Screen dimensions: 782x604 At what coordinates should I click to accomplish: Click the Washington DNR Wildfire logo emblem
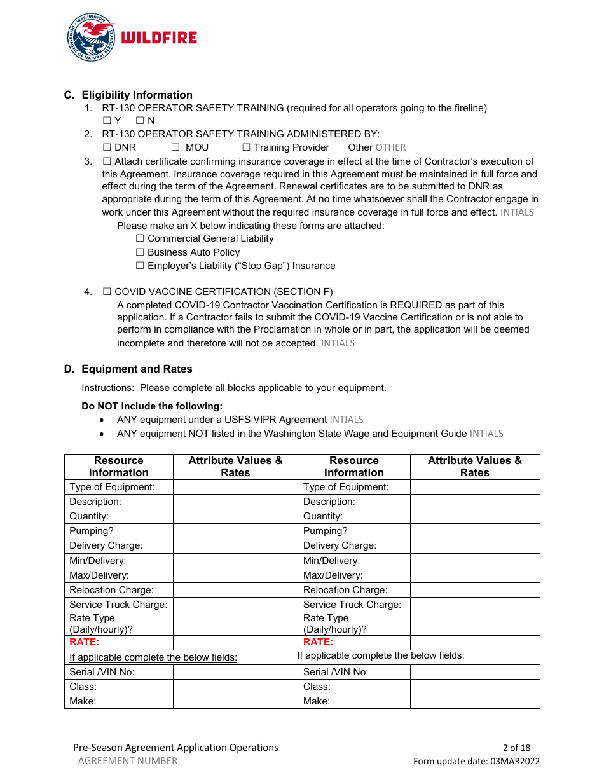(x=91, y=38)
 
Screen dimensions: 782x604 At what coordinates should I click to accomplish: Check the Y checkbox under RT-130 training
(x=107, y=121)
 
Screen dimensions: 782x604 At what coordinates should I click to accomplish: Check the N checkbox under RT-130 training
(x=140, y=121)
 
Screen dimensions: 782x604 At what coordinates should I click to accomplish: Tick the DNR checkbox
(x=107, y=147)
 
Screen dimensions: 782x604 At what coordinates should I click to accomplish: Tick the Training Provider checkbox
(x=247, y=147)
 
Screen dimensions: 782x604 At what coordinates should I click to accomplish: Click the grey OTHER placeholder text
(x=390, y=147)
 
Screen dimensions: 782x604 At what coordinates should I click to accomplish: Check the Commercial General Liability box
(x=140, y=238)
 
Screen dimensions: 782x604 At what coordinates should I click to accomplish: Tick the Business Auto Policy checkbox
(x=140, y=252)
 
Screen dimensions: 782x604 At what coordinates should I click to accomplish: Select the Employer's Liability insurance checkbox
(x=140, y=266)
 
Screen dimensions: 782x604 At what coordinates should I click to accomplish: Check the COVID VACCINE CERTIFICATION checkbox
(x=107, y=292)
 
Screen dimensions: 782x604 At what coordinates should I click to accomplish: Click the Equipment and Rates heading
(x=137, y=369)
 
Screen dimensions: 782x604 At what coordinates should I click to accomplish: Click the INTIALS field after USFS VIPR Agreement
(x=347, y=420)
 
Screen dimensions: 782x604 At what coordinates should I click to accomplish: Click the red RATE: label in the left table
(x=85, y=642)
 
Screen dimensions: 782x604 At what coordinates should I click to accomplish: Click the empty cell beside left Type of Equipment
(x=235, y=487)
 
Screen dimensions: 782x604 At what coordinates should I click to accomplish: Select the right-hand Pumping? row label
(x=326, y=531)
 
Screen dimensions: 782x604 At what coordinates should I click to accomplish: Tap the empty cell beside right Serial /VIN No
(x=474, y=672)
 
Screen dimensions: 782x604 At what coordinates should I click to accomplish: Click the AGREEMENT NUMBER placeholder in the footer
(x=128, y=761)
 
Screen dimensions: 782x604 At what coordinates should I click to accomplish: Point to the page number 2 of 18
(x=516, y=748)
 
